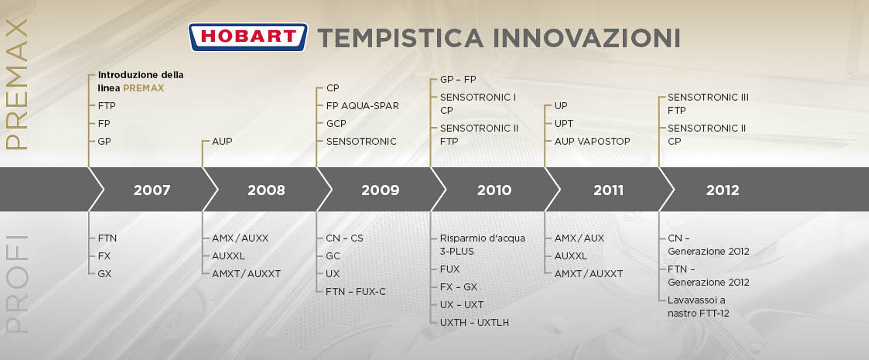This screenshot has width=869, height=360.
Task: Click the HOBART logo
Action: point(248,37)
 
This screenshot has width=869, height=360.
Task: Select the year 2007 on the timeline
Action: point(152,190)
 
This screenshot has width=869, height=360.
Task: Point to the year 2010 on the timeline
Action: point(494,190)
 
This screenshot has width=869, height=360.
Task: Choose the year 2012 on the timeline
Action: point(723,190)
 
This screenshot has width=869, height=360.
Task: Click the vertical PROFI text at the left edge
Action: point(17,284)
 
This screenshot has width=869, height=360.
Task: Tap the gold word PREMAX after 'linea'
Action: point(143,88)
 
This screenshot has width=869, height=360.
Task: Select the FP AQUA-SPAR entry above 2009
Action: point(363,106)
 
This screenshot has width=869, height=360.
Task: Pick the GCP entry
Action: point(336,124)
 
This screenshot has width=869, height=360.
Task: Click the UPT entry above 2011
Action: point(564,124)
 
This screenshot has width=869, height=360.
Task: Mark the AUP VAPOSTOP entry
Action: point(592,141)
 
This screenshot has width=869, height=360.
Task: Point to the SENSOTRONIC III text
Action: point(708,97)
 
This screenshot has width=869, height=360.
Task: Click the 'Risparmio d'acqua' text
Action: point(482,238)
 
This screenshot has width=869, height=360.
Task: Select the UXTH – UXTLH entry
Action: point(474,322)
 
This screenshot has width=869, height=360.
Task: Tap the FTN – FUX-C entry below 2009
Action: point(356,292)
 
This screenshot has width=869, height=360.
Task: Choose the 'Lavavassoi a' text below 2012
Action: point(697,300)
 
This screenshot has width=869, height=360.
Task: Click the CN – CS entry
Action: point(344,238)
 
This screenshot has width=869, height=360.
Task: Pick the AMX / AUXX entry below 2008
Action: point(240,238)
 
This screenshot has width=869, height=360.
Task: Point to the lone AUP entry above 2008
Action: point(222,141)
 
